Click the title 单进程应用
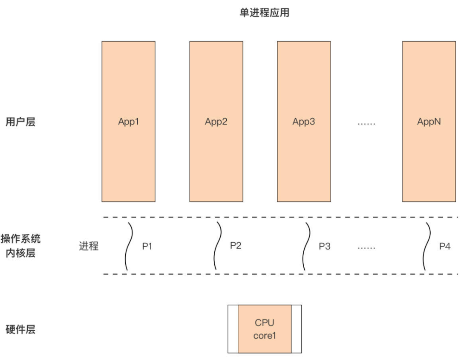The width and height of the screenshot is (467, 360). (x=265, y=13)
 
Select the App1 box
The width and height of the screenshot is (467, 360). (x=128, y=122)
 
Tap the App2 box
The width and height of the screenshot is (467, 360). (x=216, y=122)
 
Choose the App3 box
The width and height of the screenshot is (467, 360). (x=304, y=122)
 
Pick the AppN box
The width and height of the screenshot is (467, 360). (x=429, y=122)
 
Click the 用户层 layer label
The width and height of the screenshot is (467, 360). (x=20, y=122)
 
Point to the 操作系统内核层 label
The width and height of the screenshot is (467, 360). (x=20, y=246)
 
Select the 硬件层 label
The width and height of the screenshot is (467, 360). (x=20, y=330)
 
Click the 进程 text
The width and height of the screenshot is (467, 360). (x=89, y=246)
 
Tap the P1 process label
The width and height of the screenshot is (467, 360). (x=147, y=247)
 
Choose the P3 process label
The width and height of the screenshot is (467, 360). (x=325, y=247)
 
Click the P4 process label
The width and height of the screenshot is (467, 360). (x=444, y=247)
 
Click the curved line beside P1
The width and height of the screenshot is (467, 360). (x=128, y=246)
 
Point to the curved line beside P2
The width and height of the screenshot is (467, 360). (x=218, y=246)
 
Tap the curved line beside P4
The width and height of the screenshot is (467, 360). (x=427, y=246)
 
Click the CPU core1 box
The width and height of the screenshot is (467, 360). (x=265, y=329)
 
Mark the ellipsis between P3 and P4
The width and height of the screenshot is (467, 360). (x=366, y=247)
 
